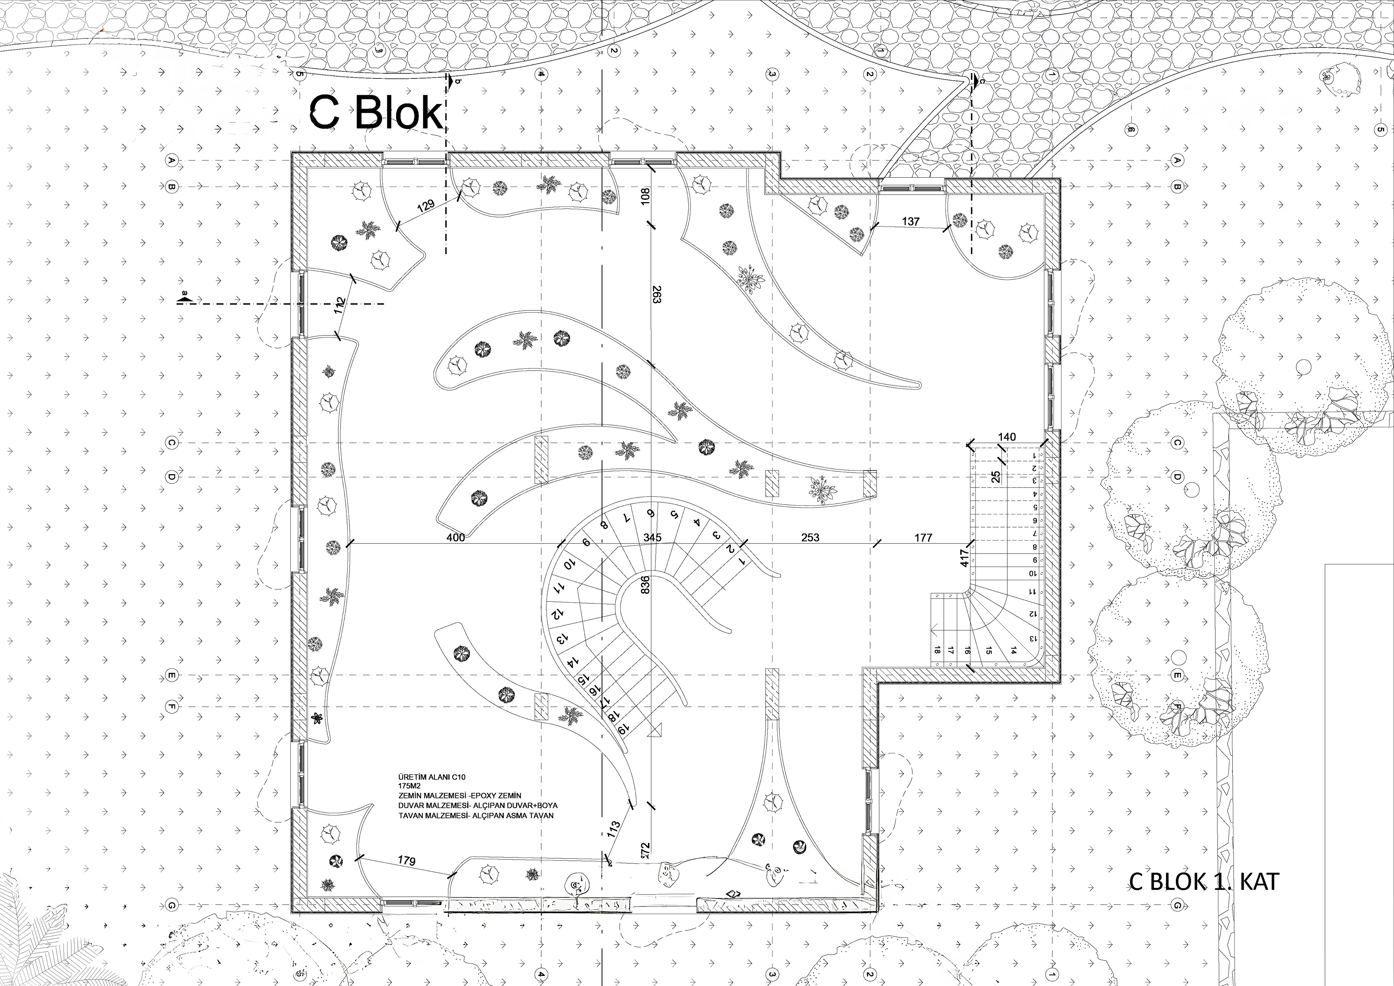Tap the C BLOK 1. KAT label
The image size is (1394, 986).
coord(1203,881)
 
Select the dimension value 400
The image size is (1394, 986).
coord(455,537)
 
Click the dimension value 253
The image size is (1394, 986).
coord(810,537)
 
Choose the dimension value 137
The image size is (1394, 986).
coord(911,221)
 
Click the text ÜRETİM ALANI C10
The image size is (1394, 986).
coord(431,777)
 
